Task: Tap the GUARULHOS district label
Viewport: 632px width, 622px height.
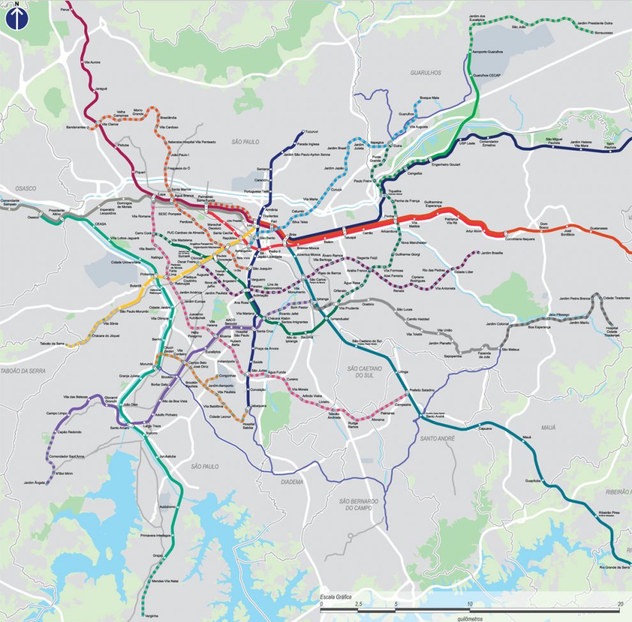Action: (x=426, y=73)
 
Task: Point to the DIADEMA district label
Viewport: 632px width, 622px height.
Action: (x=292, y=482)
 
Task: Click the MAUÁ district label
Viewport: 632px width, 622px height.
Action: (x=548, y=427)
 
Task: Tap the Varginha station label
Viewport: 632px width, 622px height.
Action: (x=151, y=615)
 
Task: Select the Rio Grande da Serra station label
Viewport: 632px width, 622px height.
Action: (x=614, y=567)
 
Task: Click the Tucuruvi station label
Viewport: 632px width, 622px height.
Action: (x=312, y=132)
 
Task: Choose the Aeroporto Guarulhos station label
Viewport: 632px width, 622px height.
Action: (x=487, y=51)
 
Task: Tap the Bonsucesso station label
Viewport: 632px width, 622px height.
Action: (x=602, y=32)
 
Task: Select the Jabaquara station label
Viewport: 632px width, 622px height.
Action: (x=257, y=406)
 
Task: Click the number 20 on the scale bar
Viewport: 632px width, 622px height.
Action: (x=620, y=603)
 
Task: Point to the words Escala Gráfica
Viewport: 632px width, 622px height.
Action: (x=336, y=597)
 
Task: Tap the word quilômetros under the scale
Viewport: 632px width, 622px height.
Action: (x=470, y=618)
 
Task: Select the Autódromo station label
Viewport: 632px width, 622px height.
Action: (x=167, y=506)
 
